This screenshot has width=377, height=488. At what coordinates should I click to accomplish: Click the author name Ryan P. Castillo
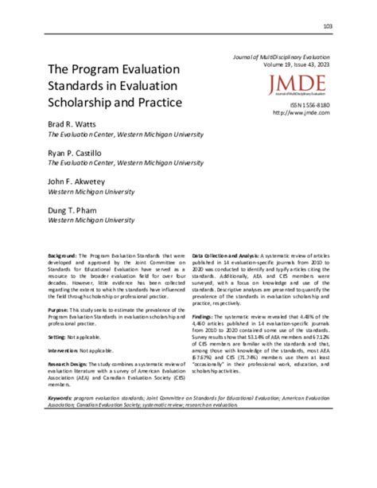tap(77, 152)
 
